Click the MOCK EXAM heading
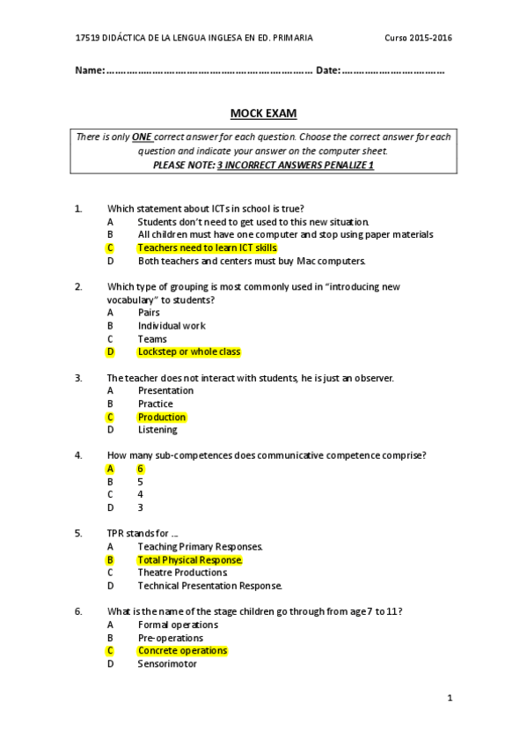coord(263,114)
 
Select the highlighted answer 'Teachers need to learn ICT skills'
coord(207,248)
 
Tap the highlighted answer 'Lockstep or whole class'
coord(188,351)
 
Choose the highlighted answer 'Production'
coord(162,417)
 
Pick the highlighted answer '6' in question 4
coord(141,469)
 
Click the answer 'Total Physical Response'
coord(189,559)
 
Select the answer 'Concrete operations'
coord(182,651)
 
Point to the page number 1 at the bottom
coord(449,699)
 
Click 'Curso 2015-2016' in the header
coord(419,39)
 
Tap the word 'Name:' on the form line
coord(90,70)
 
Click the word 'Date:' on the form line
coord(327,70)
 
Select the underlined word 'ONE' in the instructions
coord(142,137)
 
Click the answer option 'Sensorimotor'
coord(167,663)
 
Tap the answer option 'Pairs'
coord(149,313)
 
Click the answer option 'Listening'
coord(157,430)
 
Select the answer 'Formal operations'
coord(178,625)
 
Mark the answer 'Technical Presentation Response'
coord(209,586)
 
